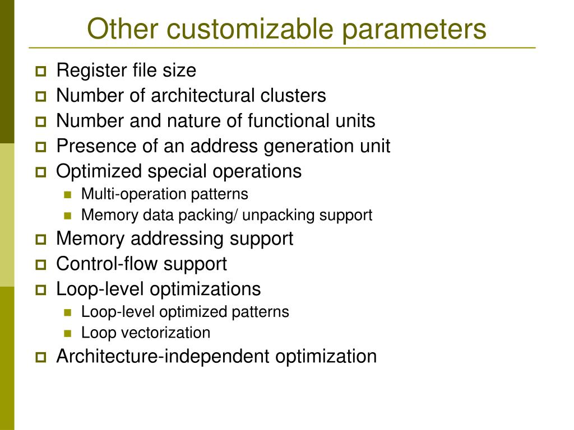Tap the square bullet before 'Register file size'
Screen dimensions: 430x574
point(41,72)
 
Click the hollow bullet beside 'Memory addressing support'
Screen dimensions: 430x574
point(41,240)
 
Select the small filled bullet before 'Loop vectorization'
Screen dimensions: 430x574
point(68,333)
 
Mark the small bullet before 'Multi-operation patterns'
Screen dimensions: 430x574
point(68,195)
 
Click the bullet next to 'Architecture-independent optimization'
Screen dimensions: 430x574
point(41,357)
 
